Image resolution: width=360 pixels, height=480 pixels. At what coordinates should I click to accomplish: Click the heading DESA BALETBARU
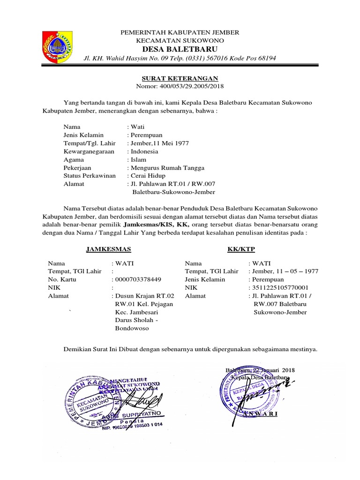coord(180,49)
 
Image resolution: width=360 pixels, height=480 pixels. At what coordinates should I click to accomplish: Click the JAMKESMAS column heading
coord(108,248)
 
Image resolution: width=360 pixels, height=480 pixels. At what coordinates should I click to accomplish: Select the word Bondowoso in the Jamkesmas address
coord(132,329)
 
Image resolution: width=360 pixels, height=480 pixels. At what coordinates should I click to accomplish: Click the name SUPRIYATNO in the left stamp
coord(143,415)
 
